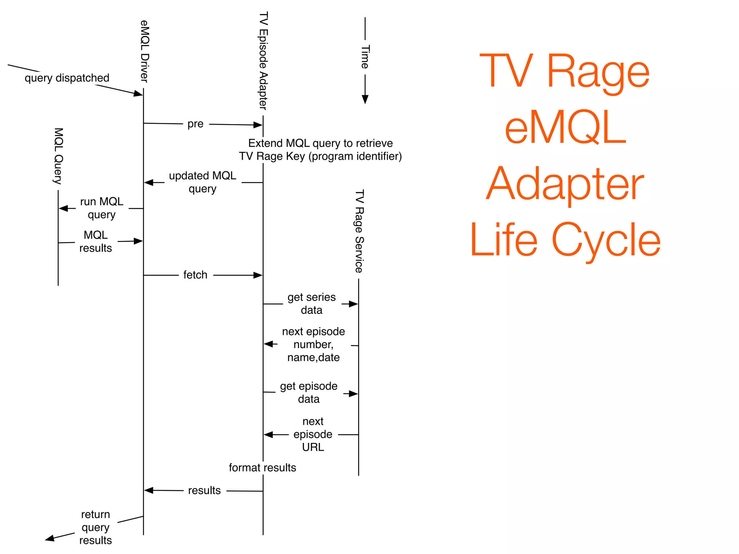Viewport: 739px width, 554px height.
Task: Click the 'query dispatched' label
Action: point(67,78)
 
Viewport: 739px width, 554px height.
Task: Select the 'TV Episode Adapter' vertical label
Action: point(263,60)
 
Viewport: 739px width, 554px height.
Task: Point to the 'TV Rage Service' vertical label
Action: point(359,231)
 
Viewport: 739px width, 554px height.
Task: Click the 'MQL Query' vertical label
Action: point(58,156)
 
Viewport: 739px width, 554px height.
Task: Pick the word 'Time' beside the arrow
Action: point(365,57)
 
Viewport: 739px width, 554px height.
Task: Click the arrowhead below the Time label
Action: point(365,99)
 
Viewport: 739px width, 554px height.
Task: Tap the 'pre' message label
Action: point(195,124)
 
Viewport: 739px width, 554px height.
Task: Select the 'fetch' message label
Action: point(195,275)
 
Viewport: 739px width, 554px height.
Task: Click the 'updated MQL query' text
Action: point(202,182)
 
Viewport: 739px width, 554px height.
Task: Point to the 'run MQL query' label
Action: point(101,208)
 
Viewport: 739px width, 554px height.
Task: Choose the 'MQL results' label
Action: point(95,241)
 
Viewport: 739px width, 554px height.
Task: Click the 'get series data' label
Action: point(311,303)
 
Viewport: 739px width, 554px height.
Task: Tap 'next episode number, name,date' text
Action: point(313,344)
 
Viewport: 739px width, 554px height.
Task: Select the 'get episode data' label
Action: point(309,392)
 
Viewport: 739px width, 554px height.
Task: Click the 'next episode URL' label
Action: point(313,434)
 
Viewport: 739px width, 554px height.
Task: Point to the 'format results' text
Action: point(262,467)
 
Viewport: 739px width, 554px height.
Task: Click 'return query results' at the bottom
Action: point(95,527)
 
